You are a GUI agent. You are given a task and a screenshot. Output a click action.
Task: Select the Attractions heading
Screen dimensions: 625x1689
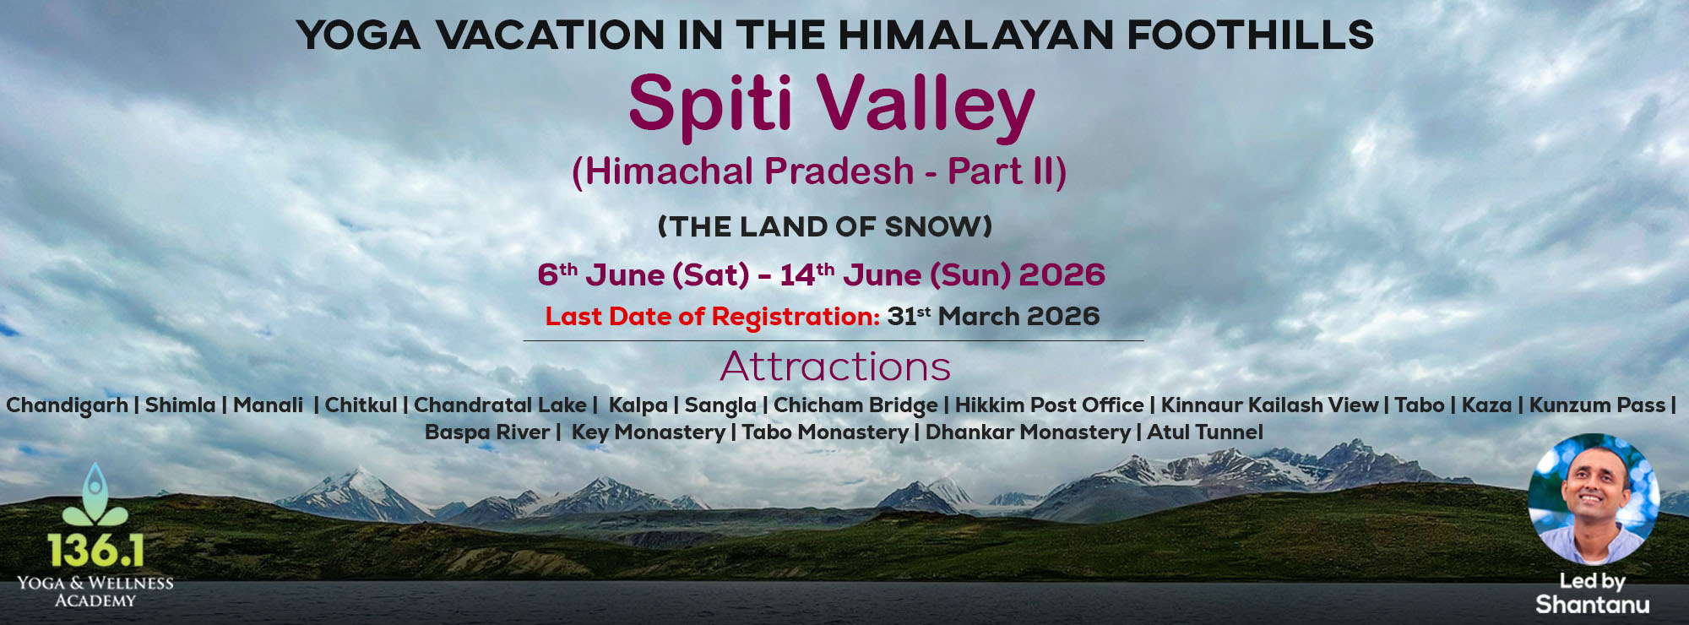(x=835, y=367)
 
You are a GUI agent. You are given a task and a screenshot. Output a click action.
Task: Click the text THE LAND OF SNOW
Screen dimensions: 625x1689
(x=825, y=226)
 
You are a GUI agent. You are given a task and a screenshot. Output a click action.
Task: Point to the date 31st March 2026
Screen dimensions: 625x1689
(x=993, y=317)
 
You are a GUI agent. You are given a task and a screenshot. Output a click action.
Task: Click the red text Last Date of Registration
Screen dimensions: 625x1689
(x=713, y=317)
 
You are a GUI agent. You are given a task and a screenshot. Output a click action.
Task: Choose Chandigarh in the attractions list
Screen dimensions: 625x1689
(x=67, y=405)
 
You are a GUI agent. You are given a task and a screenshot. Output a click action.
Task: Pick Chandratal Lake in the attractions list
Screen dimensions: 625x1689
(x=500, y=405)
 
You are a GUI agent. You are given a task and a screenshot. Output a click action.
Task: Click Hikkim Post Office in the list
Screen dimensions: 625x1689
(x=1049, y=405)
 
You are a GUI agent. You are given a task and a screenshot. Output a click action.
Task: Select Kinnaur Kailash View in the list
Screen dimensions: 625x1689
(x=1269, y=405)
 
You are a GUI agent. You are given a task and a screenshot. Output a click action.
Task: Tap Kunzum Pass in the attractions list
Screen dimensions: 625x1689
(x=1597, y=405)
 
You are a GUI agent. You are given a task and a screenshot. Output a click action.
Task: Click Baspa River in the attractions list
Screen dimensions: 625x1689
(x=487, y=432)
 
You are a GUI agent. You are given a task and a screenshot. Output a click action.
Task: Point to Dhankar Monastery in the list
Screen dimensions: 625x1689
(x=1028, y=432)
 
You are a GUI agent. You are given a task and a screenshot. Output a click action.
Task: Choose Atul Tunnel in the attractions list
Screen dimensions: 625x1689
(x=1205, y=432)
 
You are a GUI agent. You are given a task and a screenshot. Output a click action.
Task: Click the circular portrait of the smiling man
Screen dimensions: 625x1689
(x=1593, y=499)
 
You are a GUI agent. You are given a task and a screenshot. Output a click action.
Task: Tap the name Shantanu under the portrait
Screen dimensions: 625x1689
(x=1592, y=605)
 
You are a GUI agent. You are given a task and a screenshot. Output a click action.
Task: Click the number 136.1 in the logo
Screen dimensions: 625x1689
(x=95, y=551)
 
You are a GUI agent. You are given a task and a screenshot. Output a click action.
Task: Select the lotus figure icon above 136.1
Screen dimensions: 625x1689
(x=95, y=495)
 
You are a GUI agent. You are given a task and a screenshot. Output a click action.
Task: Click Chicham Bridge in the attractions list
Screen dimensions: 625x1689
(x=855, y=405)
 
